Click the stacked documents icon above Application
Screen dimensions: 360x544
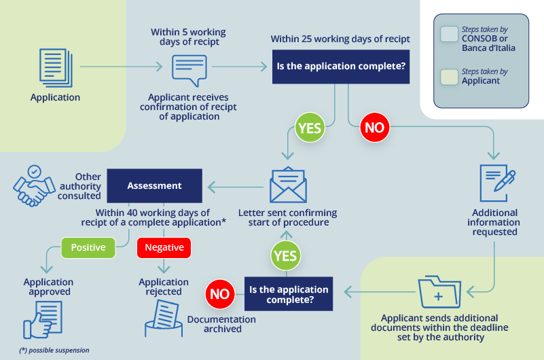55,67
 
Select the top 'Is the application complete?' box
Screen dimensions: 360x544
341,67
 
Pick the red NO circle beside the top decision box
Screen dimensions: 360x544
374,128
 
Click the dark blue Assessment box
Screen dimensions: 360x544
155,185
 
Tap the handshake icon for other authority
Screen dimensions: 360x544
32,186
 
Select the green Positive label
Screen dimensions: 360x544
88,247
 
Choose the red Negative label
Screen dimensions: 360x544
164,247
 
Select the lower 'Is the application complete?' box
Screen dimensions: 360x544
289,294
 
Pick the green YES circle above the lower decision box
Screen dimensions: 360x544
285,256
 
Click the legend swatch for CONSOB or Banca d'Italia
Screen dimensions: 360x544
449,35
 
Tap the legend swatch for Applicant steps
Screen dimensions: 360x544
449,76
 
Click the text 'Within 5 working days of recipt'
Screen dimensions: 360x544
188,37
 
